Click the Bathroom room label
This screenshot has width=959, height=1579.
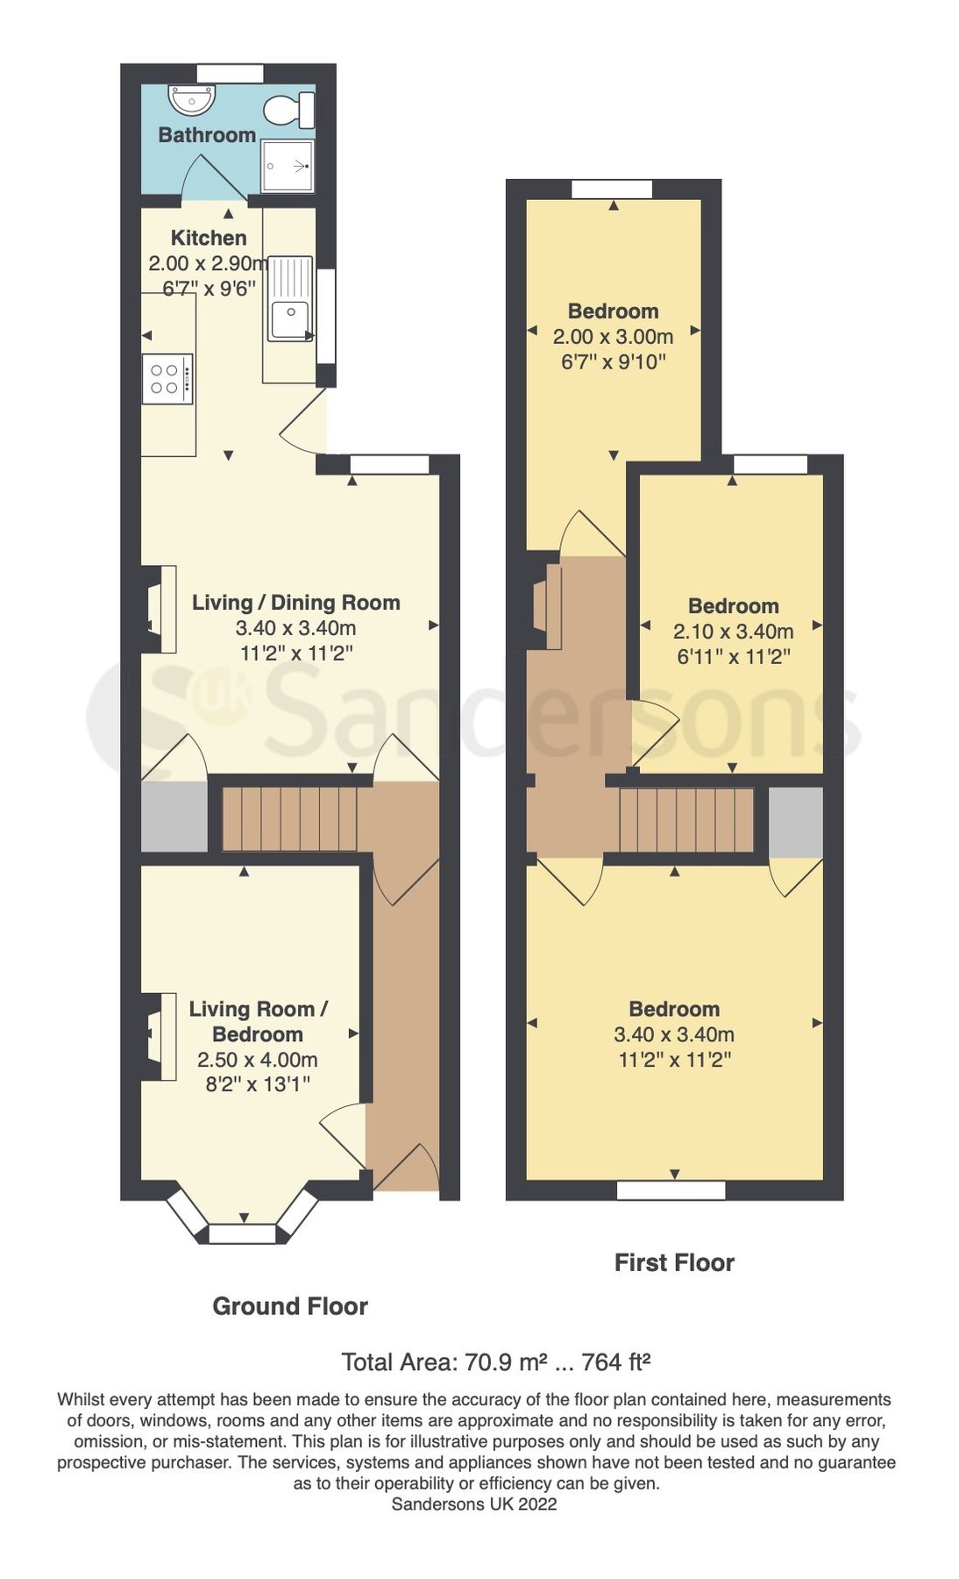pyautogui.click(x=207, y=135)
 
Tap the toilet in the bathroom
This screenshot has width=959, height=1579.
pyautogui.click(x=293, y=111)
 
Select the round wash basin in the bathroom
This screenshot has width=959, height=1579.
pyautogui.click(x=192, y=101)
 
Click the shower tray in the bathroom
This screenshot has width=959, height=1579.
pyautogui.click(x=287, y=166)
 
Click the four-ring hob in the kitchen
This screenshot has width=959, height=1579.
pyautogui.click(x=167, y=379)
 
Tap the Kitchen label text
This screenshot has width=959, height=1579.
pyautogui.click(x=209, y=238)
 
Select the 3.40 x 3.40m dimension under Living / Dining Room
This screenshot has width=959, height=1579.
pyautogui.click(x=295, y=628)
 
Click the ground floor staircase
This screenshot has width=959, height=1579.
pyautogui.click(x=289, y=818)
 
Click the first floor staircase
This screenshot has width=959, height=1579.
pyautogui.click(x=686, y=819)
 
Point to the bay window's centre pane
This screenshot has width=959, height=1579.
pyautogui.click(x=242, y=1234)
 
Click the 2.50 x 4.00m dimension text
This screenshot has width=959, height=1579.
pyautogui.click(x=257, y=1060)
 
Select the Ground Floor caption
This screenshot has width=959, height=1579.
pyautogui.click(x=289, y=1306)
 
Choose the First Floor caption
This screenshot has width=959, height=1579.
pyautogui.click(x=674, y=1262)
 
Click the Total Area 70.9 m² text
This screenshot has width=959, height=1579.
pyautogui.click(x=495, y=1362)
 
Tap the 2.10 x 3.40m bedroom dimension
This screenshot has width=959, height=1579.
pyautogui.click(x=733, y=632)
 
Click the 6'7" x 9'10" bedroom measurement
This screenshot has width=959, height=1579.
pyautogui.click(x=614, y=361)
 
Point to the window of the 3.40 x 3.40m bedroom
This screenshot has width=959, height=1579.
pyautogui.click(x=671, y=1190)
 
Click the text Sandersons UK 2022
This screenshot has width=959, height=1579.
pyautogui.click(x=473, y=1504)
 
